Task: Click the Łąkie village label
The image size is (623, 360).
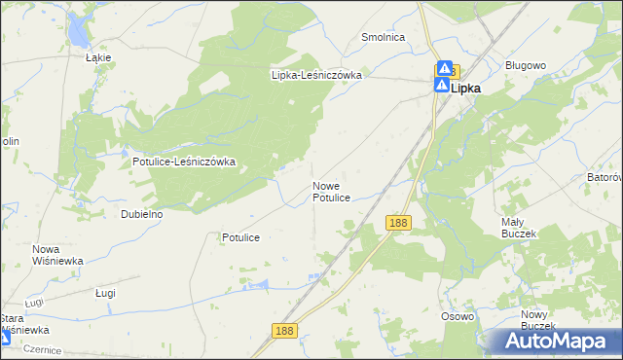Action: click(98, 57)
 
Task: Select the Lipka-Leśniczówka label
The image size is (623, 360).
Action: click(316, 75)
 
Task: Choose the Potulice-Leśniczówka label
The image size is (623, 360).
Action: click(185, 162)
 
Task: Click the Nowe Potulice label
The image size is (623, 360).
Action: click(331, 191)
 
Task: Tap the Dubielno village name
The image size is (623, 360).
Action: click(141, 213)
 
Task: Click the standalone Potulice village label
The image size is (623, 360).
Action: click(239, 237)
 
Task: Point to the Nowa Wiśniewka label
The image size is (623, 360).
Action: click(57, 255)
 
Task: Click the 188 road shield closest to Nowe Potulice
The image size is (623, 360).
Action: click(397, 224)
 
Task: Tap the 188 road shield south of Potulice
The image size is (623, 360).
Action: click(284, 331)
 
